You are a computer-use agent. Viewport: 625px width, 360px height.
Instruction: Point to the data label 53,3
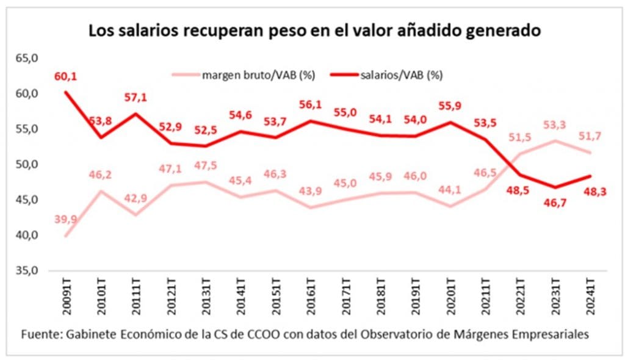555,125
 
